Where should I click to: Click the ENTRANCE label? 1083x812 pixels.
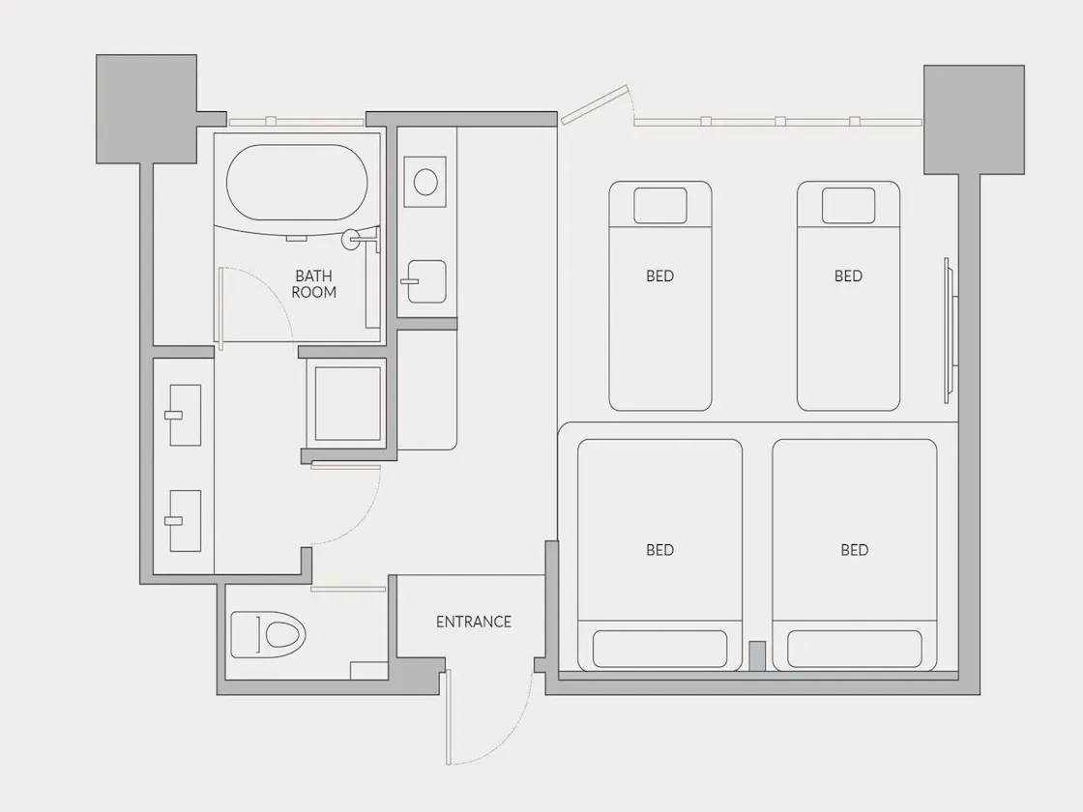pos(473,622)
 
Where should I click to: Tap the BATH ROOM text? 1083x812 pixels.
pos(313,284)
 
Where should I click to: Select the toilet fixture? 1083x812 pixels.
pos(268,634)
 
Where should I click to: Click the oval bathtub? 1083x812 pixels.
pos(297,183)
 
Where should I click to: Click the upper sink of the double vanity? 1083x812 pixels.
pos(185,415)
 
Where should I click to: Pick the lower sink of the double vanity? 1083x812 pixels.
pos(185,521)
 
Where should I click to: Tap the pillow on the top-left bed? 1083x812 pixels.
pos(660,205)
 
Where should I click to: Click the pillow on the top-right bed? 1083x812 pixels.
pos(848,205)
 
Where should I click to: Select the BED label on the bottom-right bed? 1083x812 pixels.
pos(855,550)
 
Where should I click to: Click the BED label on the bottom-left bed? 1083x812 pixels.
pos(659,550)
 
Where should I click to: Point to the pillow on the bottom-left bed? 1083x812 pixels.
pos(659,649)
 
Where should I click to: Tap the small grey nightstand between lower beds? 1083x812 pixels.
pos(757,656)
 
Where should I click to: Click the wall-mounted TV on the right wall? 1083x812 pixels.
pos(950,330)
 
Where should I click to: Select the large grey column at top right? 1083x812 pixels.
pos(974,120)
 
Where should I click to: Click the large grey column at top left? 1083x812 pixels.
pos(146,109)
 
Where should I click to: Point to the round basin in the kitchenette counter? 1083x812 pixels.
pos(424,182)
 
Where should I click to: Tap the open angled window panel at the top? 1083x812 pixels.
pos(595,105)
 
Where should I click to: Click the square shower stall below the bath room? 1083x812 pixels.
pos(347,403)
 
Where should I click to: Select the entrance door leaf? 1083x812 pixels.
pos(449,716)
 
